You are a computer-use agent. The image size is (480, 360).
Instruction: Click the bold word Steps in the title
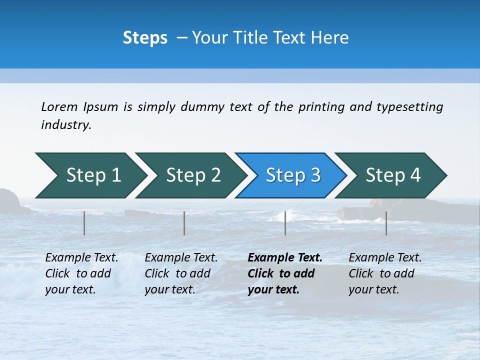145,38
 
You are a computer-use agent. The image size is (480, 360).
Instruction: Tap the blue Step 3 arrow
293,175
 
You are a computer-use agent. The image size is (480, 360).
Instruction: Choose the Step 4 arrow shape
393,175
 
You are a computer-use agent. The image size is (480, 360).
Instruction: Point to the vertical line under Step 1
84,223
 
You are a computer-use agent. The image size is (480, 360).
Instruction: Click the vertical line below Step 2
184,223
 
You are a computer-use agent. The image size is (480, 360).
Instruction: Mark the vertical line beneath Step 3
285,223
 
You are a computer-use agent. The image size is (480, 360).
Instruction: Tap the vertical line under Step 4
386,223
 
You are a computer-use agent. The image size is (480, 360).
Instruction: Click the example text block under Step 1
81,273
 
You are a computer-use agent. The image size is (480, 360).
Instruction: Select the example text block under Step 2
181,273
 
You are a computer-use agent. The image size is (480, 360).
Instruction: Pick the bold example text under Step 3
284,273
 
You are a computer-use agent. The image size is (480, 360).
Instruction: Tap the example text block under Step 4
385,273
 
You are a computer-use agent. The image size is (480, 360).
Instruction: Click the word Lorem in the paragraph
59,107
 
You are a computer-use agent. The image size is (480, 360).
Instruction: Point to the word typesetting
409,107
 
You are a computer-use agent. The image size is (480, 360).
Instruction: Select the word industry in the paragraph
66,125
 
